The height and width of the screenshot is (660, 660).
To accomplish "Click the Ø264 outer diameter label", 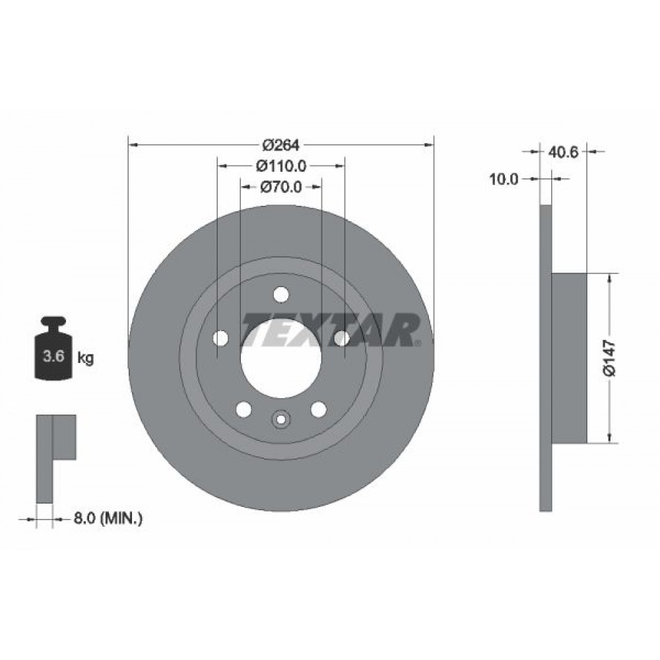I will [280, 144].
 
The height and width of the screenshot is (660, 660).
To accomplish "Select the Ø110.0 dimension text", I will [280, 165].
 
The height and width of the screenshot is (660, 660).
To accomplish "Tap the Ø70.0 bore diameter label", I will [280, 187].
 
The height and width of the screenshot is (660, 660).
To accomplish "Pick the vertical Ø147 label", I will [609, 358].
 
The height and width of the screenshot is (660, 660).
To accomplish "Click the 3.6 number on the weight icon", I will [53, 358].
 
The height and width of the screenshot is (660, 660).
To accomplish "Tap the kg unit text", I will [85, 358].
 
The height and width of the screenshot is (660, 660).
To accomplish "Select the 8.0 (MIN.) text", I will [108, 519].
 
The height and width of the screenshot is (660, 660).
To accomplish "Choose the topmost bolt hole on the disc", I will [281, 294].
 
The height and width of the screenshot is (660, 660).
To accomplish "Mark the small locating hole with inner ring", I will [281, 419].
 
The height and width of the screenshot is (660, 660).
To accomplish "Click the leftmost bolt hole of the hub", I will [220, 339].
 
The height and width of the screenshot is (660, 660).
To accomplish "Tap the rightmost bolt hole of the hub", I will [341, 339].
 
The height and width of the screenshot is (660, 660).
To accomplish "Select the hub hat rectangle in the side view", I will [569, 358].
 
